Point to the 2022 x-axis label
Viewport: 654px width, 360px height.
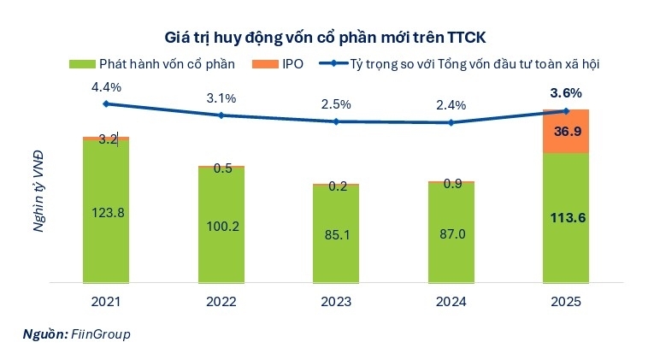tap(221, 301)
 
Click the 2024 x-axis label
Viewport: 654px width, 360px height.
tap(451, 301)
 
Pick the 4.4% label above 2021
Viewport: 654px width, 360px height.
tap(106, 86)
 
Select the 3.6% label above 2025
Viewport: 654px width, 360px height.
tap(566, 93)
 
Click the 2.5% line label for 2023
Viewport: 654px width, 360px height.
tap(336, 104)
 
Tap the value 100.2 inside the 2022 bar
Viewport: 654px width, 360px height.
tap(221, 227)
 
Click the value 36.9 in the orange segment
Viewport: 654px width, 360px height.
tap(566, 131)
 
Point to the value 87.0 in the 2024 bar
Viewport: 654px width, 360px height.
tap(451, 233)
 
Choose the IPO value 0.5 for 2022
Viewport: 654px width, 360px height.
tap(221, 168)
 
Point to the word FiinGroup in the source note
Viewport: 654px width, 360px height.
tap(101, 333)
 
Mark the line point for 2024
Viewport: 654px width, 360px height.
tap(451, 122)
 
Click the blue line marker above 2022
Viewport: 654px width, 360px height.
tap(221, 115)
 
